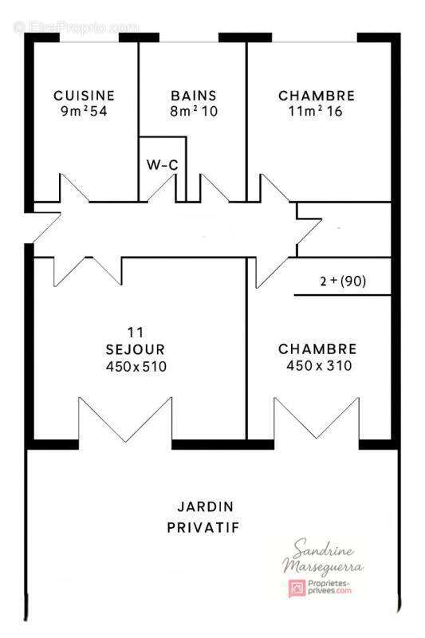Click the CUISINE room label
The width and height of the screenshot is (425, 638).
[84, 96]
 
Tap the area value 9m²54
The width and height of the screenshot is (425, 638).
[84, 112]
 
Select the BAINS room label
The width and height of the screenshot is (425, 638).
[193, 96]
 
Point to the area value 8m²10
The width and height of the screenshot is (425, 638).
[193, 112]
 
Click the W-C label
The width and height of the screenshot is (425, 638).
[162, 165]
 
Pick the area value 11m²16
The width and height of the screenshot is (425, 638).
[316, 112]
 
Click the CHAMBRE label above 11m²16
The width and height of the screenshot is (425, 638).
[316, 96]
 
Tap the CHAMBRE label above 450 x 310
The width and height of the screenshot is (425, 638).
[317, 349]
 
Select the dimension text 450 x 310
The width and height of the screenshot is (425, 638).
[318, 366]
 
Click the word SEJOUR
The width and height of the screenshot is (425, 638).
[135, 349]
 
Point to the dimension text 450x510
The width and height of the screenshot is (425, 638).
[136, 367]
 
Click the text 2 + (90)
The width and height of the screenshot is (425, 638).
[343, 281]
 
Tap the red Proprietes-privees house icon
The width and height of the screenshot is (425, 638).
[295, 589]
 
